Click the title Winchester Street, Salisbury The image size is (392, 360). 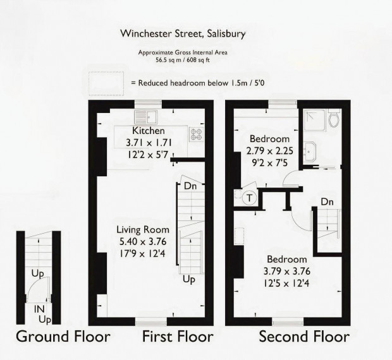point(183,33)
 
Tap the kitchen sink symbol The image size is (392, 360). point(146,117)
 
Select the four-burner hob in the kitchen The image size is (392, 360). point(197,135)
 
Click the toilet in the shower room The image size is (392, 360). point(334,117)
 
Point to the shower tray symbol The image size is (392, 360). point(314,121)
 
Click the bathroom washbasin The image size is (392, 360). point(310,152)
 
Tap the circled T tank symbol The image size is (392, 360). point(249,198)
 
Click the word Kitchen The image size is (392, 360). point(149,131)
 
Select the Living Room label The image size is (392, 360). point(143,229)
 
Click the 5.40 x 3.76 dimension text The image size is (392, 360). point(143,242)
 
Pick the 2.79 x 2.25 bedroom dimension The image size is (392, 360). point(270,151)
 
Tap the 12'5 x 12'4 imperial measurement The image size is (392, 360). point(286,284)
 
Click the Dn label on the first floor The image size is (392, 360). point(190,186)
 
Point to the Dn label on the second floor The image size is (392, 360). point(327,201)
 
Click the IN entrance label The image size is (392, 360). point(39,309)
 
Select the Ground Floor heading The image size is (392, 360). point(63,336)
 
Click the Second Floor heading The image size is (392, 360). point(304,336)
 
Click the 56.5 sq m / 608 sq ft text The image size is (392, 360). point(183,60)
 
